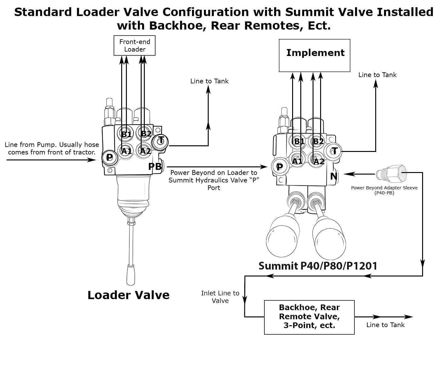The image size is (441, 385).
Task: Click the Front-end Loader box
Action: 134,46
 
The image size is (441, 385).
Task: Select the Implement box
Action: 314,55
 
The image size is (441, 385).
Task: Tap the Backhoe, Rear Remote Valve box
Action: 309,317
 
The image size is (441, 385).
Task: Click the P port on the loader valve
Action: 109,157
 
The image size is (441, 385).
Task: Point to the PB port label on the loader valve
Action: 155,166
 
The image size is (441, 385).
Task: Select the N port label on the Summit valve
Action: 334,176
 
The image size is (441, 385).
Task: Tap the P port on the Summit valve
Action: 279,167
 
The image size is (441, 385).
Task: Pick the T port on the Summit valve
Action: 335,151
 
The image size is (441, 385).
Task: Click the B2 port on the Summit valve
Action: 318,141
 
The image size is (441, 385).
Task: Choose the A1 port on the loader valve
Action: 126,151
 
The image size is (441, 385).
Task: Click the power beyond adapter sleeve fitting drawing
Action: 391,173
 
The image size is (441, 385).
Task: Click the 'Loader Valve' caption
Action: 128,295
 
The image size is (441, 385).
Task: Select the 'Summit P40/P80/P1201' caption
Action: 318,266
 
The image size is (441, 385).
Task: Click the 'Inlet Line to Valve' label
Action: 220,297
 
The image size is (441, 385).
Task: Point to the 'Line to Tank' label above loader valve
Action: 209,81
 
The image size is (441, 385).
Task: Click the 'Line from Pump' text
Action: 52,148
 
